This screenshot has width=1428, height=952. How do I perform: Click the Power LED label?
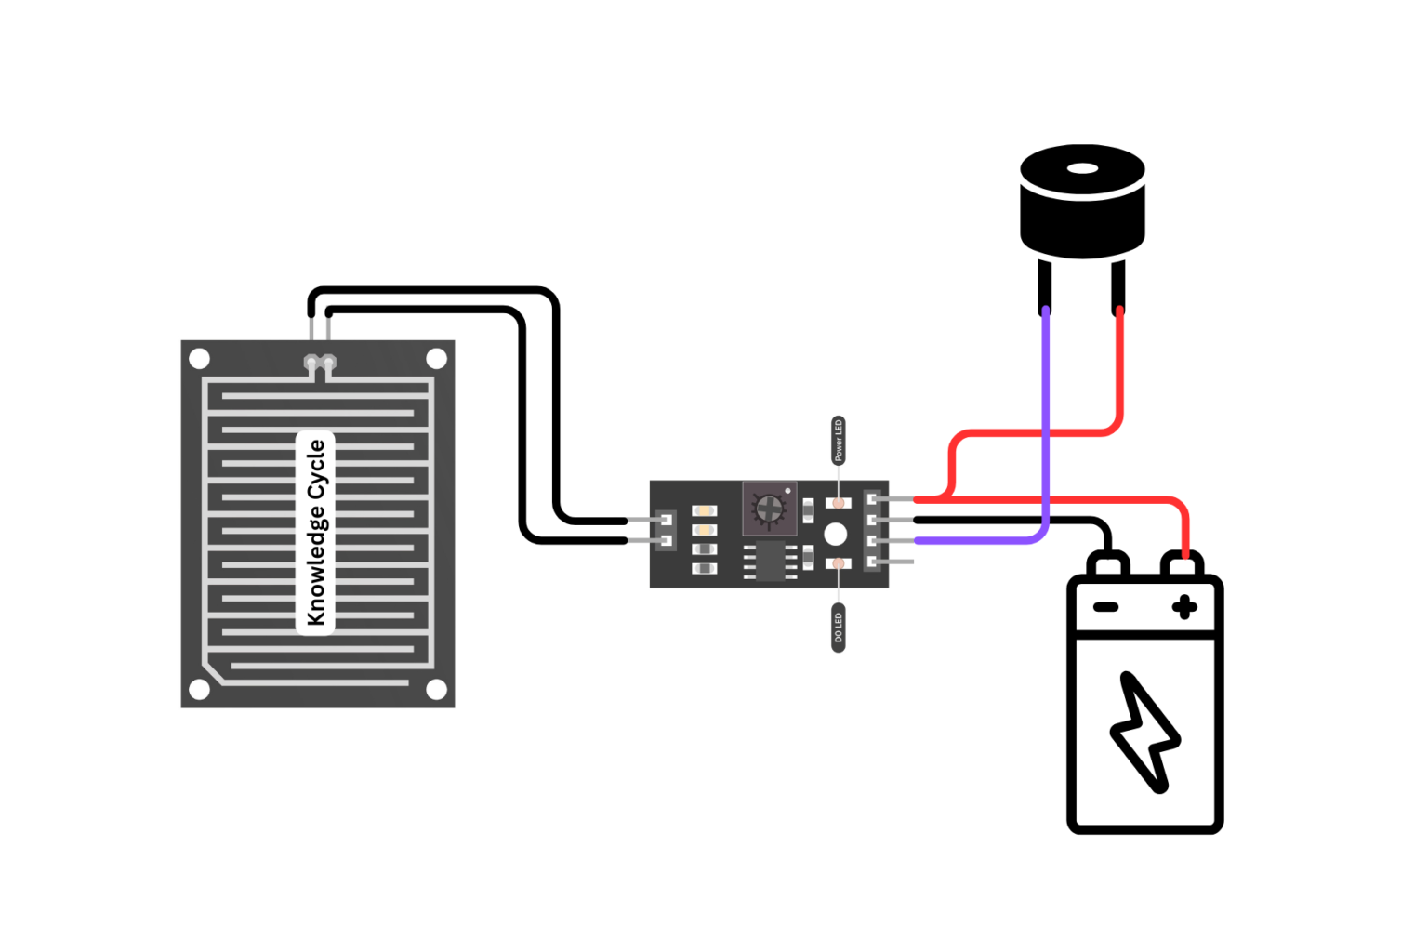838,440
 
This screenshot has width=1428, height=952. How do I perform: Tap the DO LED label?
838,628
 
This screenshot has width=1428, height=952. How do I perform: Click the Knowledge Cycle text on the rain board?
315,532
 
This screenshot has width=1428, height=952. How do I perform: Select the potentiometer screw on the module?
769,509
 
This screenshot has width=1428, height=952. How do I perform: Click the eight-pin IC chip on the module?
770,561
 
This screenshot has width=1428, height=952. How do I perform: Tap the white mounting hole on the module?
835,534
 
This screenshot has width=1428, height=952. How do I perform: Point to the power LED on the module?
838,503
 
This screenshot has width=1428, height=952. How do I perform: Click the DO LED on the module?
838,563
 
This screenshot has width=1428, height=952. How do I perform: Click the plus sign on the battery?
1184,608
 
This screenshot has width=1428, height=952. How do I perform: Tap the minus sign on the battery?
1105,608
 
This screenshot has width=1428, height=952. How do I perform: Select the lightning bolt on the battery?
1144,733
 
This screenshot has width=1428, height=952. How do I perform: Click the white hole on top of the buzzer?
1082,169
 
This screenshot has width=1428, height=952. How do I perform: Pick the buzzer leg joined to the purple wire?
1045,286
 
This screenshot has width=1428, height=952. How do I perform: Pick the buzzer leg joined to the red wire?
1118,286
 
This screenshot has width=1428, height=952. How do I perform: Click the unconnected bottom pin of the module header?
898,562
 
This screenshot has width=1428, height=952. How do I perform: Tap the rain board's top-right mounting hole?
436,359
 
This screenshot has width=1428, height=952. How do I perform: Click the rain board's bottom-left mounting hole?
199,689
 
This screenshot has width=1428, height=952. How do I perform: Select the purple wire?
1046,418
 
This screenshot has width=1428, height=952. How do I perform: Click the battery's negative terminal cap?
1107,564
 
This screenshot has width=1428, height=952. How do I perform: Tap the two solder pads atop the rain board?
320,363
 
